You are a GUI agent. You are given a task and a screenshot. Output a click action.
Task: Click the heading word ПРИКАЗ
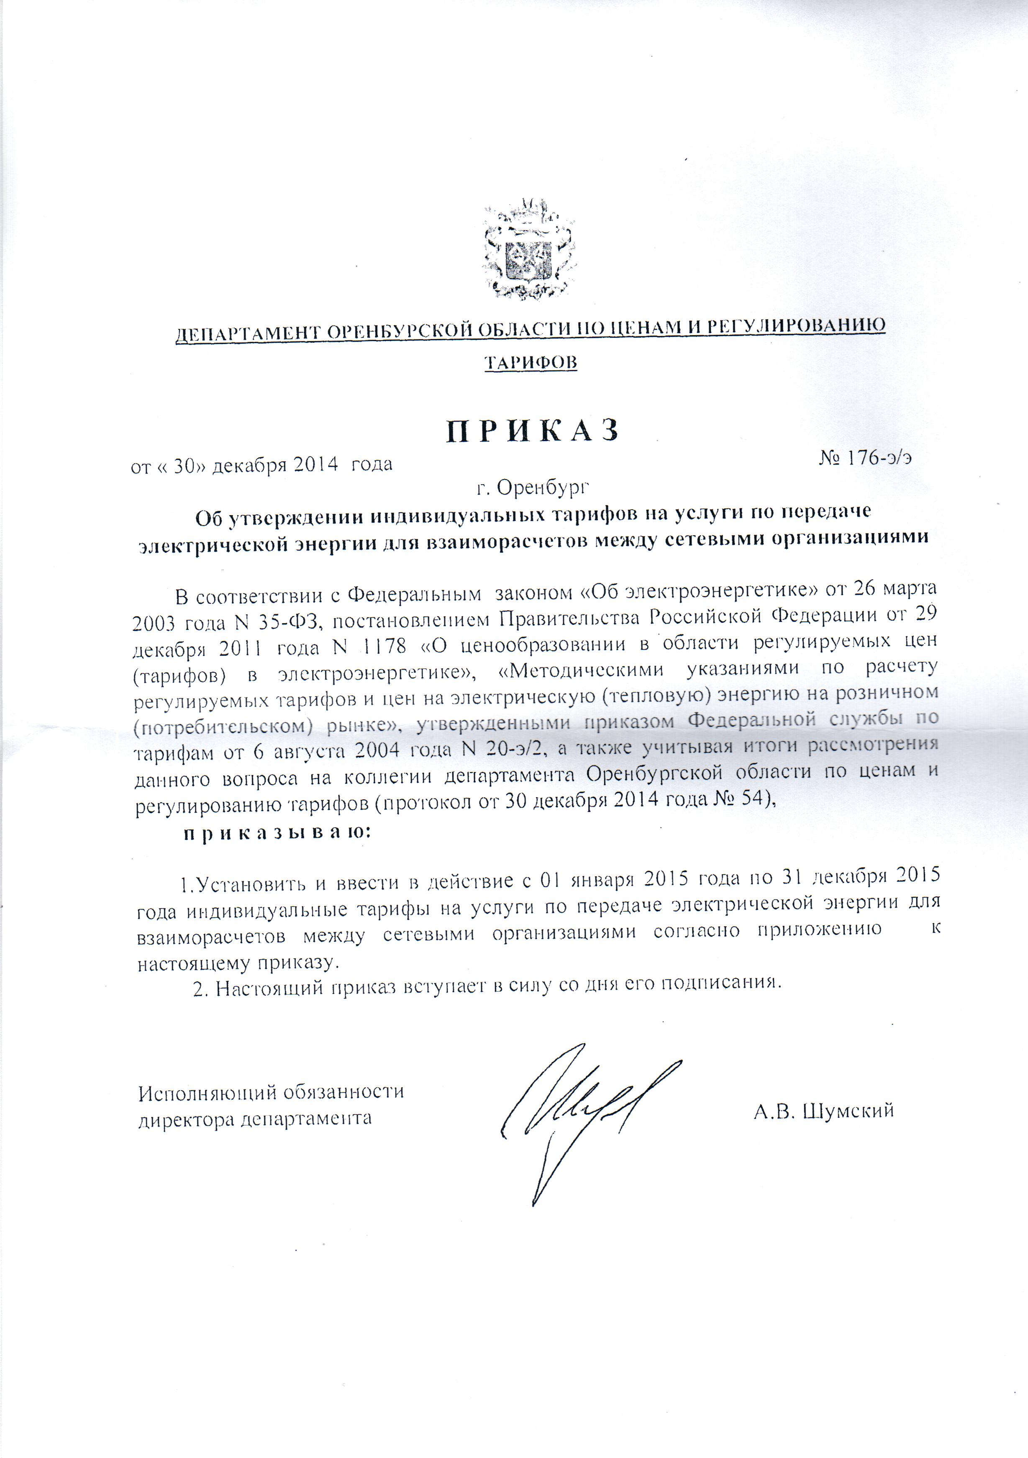click(532, 431)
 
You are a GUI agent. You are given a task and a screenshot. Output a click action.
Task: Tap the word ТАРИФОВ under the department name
click(531, 362)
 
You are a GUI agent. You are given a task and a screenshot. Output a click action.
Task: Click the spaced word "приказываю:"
click(277, 834)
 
